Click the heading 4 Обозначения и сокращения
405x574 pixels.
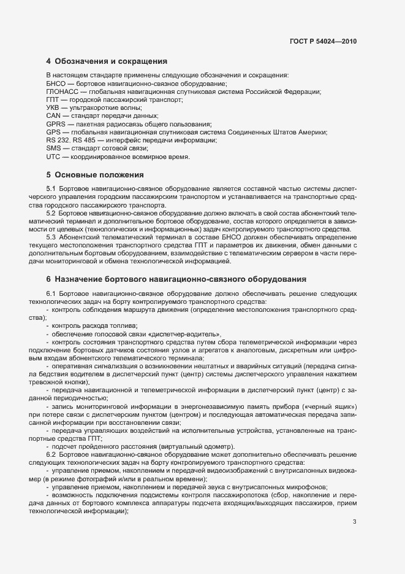(107, 61)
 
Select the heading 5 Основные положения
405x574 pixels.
(94, 175)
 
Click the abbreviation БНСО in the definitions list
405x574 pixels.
(56, 83)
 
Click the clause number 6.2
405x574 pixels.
(51, 454)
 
